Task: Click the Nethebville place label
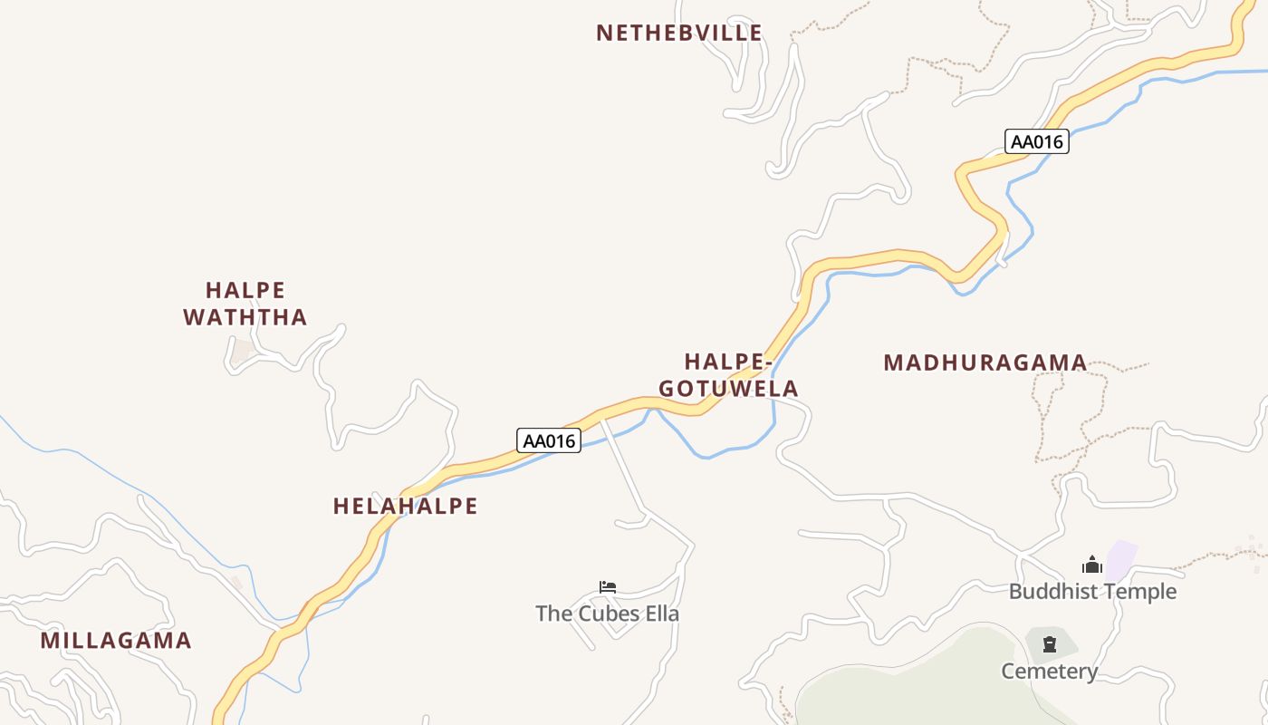tap(678, 34)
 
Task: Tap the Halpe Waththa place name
tap(245, 304)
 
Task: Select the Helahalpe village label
tap(405, 506)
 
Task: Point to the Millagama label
tap(116, 641)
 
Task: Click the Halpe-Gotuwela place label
tap(728, 375)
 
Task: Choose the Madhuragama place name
tap(985, 363)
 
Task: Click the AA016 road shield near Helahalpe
tap(549, 440)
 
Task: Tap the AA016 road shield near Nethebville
tap(1037, 141)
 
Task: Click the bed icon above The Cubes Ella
tap(608, 587)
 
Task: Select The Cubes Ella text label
tap(607, 614)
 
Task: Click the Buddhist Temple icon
tap(1092, 565)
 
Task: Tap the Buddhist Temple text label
tap(1092, 592)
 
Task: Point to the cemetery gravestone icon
tap(1050, 645)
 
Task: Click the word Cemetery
tap(1049, 672)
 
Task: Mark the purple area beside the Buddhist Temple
tap(1122, 559)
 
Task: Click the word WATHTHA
tap(245, 317)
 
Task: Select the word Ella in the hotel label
tap(660, 614)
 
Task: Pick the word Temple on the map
tap(1138, 592)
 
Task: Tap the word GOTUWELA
tap(728, 389)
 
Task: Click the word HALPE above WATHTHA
tap(245, 290)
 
